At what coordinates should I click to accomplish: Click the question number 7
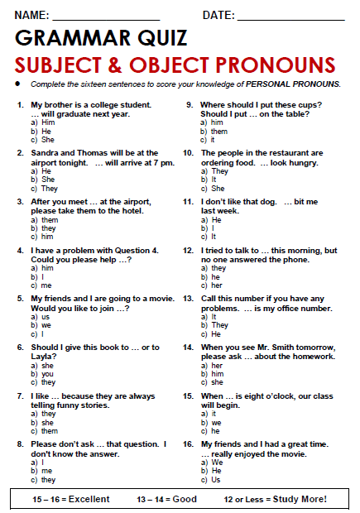pos(20,396)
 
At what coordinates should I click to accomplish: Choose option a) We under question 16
pos(215,463)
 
